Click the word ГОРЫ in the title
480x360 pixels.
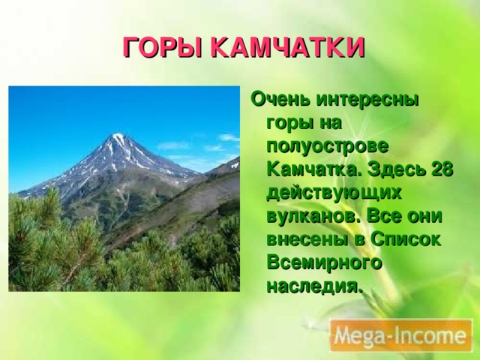pos(162,47)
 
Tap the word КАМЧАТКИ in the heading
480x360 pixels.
pos(287,47)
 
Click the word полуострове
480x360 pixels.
pos(328,147)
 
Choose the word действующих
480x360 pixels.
pos(334,193)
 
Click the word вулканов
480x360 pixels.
pos(313,216)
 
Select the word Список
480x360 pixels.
pos(406,239)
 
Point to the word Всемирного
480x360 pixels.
pos(325,263)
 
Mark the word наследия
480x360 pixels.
pos(314,286)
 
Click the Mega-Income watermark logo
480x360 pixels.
pos(401,336)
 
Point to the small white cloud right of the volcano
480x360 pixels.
pos(228,137)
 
